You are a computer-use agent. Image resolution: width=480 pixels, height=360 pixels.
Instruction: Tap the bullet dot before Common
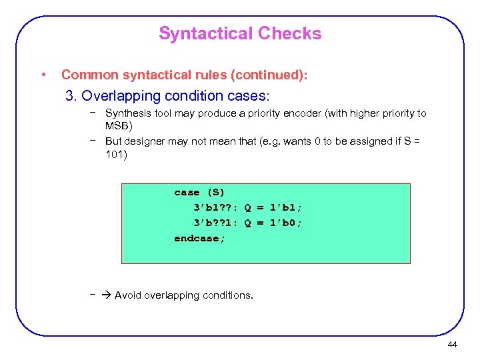point(43,75)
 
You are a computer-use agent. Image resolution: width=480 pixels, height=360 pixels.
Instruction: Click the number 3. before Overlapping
point(72,95)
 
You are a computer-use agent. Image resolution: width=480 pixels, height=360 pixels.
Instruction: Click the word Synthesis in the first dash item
point(127,113)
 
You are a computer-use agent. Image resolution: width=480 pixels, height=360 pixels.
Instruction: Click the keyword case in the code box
point(187,192)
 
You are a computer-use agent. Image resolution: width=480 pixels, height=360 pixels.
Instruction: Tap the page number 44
point(452,344)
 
